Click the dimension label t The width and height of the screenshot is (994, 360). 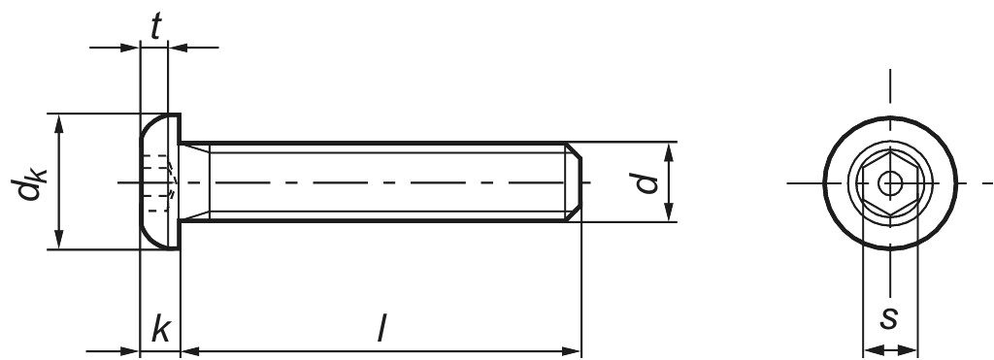click(155, 26)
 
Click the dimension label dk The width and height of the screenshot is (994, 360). click(28, 182)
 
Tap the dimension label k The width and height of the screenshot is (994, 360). click(160, 330)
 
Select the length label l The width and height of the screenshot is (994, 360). click(381, 330)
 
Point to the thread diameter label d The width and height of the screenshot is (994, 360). click(646, 182)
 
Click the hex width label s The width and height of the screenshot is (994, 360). click(889, 319)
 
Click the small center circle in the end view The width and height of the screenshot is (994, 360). click(890, 183)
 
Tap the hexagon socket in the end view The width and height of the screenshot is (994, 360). click(890, 183)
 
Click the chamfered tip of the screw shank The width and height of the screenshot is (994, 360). click(574, 181)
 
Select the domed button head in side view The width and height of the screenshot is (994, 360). click(160, 181)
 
